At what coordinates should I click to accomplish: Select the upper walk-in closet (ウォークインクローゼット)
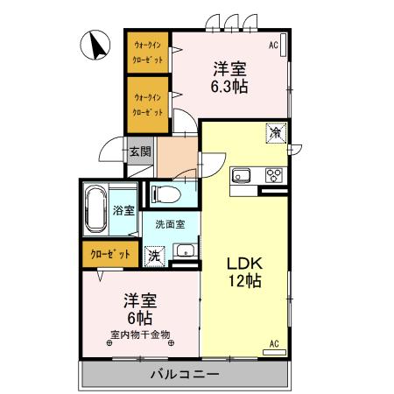point(146,53)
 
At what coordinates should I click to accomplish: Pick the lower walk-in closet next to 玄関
point(146,104)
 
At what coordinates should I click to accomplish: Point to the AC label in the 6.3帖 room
point(274,44)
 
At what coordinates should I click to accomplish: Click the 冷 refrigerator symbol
point(276,133)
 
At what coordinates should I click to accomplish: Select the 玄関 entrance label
point(140,151)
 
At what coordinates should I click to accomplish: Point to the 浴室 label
point(123,211)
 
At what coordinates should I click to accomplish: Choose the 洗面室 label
point(170,224)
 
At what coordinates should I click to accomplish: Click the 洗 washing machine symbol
point(154,257)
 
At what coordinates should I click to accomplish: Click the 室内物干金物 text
point(140,334)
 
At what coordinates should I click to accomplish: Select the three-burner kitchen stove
point(272,173)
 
